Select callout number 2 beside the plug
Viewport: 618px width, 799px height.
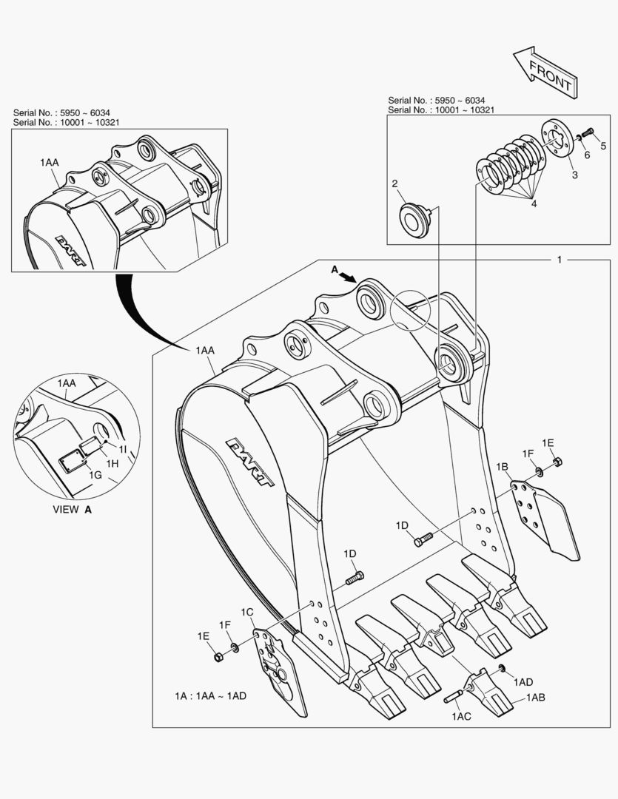click(395, 183)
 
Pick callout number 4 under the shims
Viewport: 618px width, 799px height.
click(533, 203)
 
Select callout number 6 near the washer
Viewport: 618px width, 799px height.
click(586, 155)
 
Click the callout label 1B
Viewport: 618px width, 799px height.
click(501, 467)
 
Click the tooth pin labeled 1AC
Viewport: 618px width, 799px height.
click(453, 697)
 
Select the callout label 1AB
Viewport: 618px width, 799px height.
click(536, 698)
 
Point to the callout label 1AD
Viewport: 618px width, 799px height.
click(523, 681)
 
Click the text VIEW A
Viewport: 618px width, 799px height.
click(72, 510)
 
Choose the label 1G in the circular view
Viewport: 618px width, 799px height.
click(95, 474)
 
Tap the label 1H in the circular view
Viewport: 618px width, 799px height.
click(112, 462)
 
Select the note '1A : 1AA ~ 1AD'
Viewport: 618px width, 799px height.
click(212, 696)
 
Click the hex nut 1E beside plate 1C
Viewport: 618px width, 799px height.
click(219, 656)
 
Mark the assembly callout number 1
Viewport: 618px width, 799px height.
click(560, 260)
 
